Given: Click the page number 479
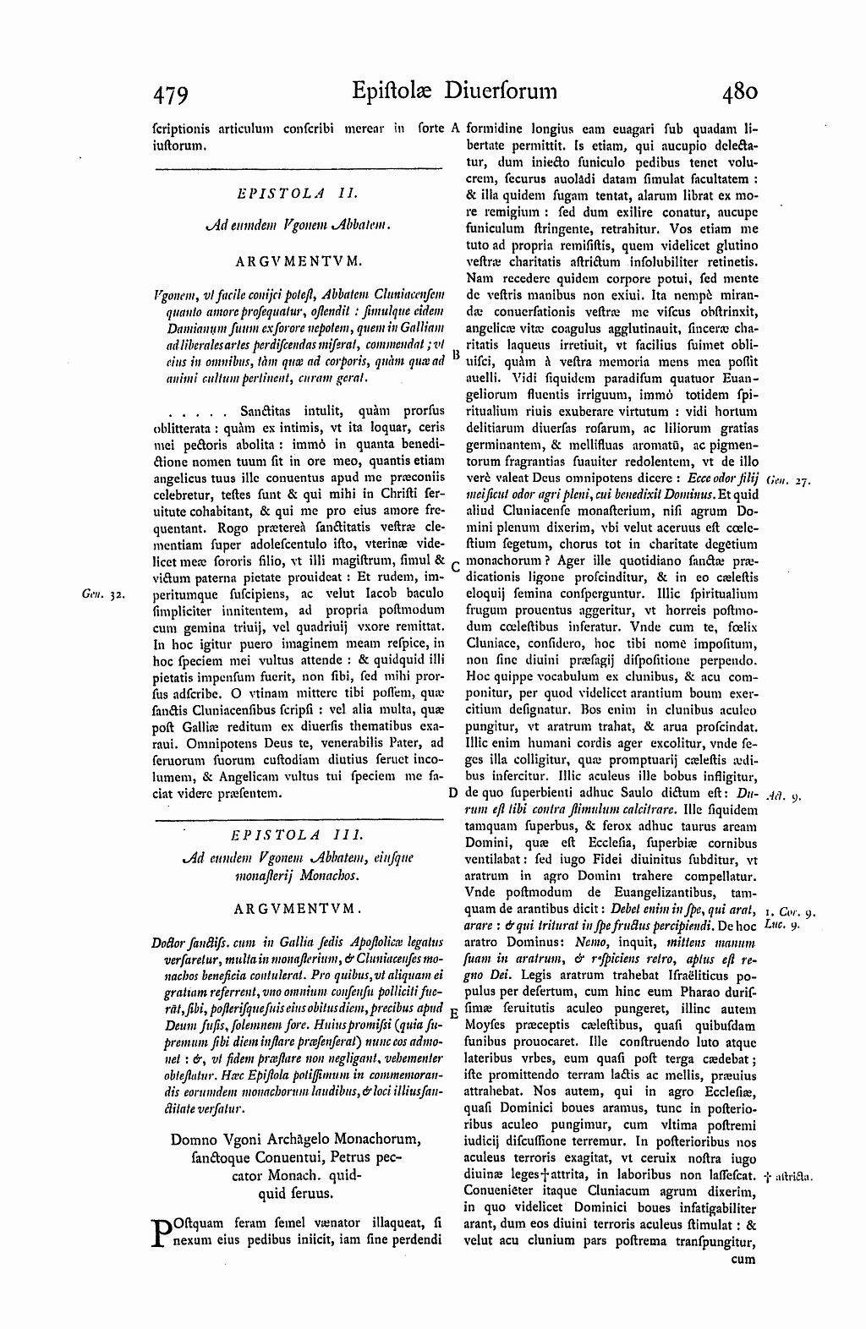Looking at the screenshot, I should click(169, 93).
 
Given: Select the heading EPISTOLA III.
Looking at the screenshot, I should click(299, 834).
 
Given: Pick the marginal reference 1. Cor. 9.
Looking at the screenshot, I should click(788, 912).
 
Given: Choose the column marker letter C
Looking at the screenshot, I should click(455, 566).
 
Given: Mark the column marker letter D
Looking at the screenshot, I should click(453, 794).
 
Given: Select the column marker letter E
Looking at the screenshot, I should click(454, 1012).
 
